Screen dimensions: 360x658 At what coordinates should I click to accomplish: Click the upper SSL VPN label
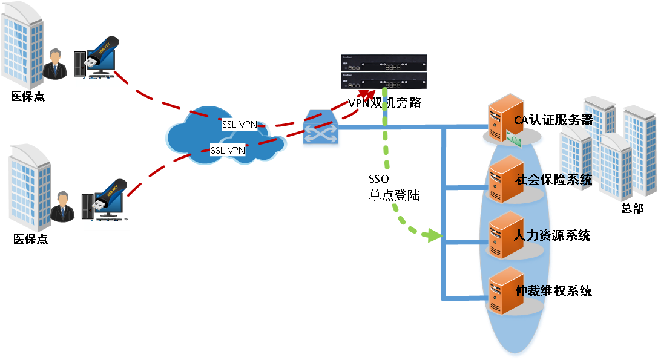pos(240,125)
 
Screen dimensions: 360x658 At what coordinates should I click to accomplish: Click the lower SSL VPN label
pos(228,150)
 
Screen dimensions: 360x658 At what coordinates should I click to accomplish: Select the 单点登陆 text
pos(394,195)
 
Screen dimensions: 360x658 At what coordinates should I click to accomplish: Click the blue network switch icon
pos(320,129)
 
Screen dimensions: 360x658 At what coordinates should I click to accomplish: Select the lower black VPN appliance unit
pos(383,80)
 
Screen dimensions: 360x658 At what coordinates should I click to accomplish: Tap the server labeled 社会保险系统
pos(505,178)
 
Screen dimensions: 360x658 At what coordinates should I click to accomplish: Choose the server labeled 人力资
pos(505,235)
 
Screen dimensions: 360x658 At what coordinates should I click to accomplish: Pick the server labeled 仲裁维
pos(505,291)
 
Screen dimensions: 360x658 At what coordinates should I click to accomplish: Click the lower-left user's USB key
pos(108,197)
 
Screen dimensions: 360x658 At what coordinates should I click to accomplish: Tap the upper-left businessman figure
pos(55,64)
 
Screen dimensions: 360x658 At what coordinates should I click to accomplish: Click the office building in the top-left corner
pos(22,45)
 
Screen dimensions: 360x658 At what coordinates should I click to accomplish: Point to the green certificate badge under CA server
pos(514,140)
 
